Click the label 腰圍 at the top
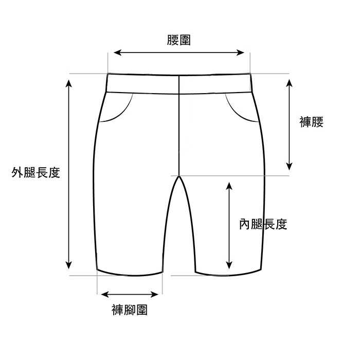coord(179,40)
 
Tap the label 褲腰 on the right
coord(311,122)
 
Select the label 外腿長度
coord(36,173)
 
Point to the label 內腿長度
coord(263,224)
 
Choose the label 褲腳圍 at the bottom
coord(130,310)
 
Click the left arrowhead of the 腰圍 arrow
coord(116,52)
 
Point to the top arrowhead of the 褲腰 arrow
coord(290,82)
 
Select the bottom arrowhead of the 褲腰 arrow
coord(290,166)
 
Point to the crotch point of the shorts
coord(179,176)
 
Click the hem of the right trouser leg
coord(228,274)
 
